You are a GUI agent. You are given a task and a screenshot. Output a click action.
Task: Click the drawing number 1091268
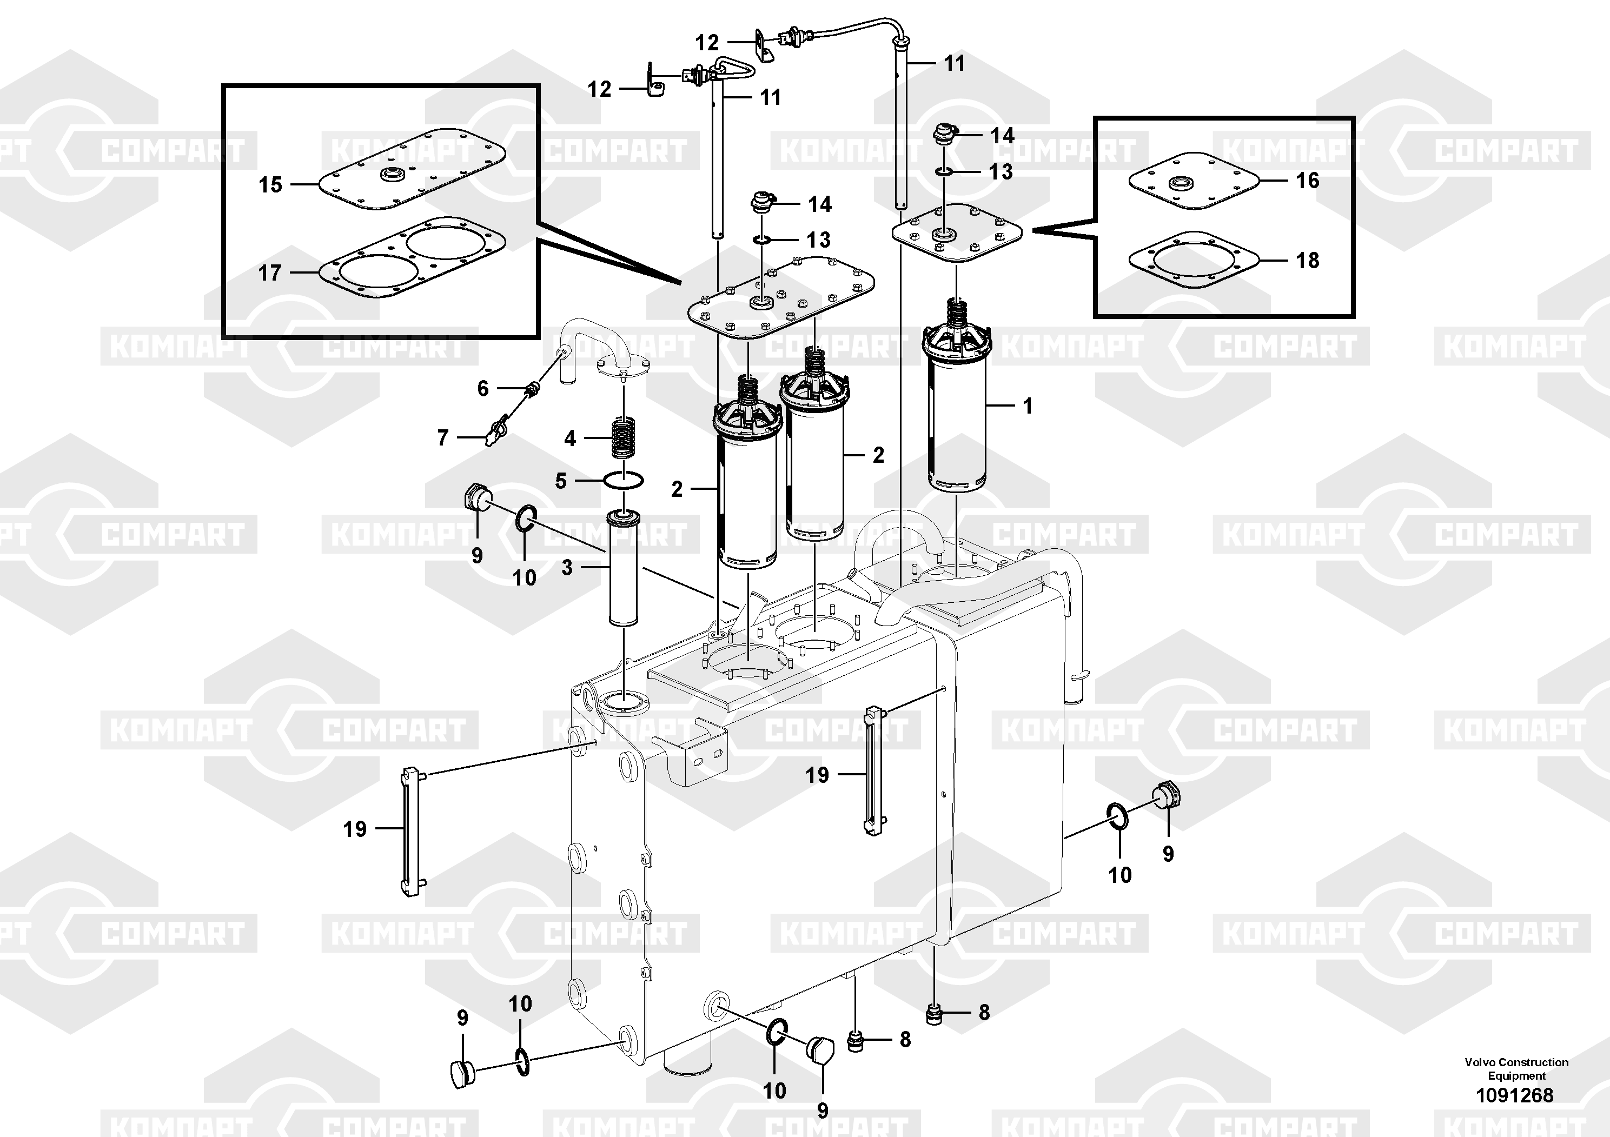click(x=1515, y=1095)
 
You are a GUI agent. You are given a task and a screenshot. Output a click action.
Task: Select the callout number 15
click(x=270, y=184)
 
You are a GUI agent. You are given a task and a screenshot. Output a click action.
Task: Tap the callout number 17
click(x=270, y=272)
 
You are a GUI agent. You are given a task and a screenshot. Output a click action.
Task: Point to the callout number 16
click(x=1307, y=180)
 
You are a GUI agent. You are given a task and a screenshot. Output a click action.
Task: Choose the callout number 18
click(x=1307, y=260)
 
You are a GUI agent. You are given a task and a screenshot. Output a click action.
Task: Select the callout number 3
click(x=567, y=567)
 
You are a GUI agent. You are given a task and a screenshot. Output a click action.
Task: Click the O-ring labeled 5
click(x=624, y=481)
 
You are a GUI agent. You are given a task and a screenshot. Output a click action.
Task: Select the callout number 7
click(x=442, y=438)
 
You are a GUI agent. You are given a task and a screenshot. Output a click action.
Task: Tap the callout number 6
click(x=482, y=388)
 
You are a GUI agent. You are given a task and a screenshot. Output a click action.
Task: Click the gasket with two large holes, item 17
click(x=412, y=257)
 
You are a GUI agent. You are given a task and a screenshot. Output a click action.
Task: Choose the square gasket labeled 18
click(x=1194, y=260)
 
